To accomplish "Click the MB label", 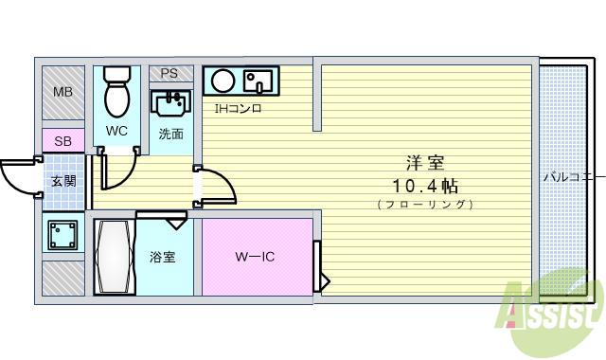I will pyautogui.click(x=62, y=92).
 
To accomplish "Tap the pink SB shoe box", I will pyautogui.click(x=62, y=141).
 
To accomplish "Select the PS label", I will pyautogui.click(x=169, y=73).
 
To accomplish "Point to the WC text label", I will pyautogui.click(x=116, y=131).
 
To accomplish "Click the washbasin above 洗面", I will pyautogui.click(x=170, y=100).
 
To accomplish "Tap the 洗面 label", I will pyautogui.click(x=171, y=134).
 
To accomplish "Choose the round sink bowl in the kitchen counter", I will pyautogui.click(x=223, y=81).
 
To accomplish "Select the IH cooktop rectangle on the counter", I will pyautogui.click(x=258, y=81).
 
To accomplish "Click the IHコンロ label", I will pyautogui.click(x=238, y=108).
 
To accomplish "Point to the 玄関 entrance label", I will pyautogui.click(x=63, y=181).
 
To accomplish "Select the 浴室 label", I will pyautogui.click(x=162, y=257).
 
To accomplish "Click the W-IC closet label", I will pyautogui.click(x=255, y=257).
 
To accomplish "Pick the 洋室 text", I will pyautogui.click(x=424, y=163).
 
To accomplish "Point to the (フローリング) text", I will pyautogui.click(x=424, y=204).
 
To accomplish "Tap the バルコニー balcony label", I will pyautogui.click(x=572, y=176).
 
